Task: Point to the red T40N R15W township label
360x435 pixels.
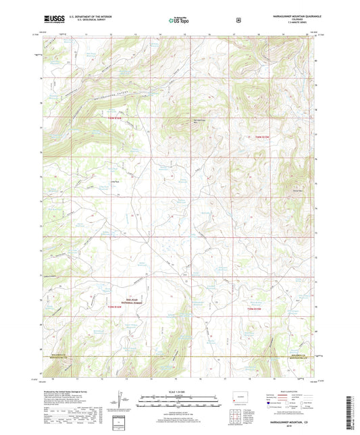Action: pos(262,135)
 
